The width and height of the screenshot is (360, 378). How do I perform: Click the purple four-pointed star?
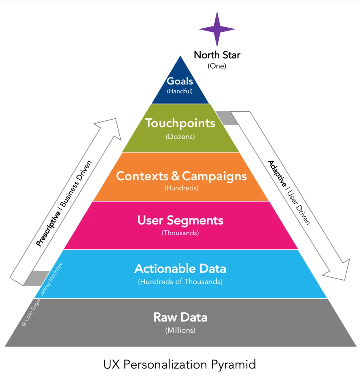pos(217,29)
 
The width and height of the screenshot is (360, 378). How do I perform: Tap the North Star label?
pos(217,55)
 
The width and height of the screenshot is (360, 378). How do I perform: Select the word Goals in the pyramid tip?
pos(180,82)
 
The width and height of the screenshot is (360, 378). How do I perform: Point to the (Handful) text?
pos(180,91)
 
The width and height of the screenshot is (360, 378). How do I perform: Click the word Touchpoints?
pos(180,123)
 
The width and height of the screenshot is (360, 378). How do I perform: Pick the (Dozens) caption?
pos(180,137)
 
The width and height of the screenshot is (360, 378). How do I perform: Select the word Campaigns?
pos(215,176)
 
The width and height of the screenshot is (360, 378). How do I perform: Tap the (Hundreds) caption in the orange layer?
pos(181,188)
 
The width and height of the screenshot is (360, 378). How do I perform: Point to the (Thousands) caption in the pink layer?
pos(180,233)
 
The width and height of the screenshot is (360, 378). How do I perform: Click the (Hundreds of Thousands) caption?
pos(180,282)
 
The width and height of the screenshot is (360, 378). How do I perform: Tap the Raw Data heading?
pos(180,317)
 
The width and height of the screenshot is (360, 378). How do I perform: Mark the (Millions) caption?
pos(180,330)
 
